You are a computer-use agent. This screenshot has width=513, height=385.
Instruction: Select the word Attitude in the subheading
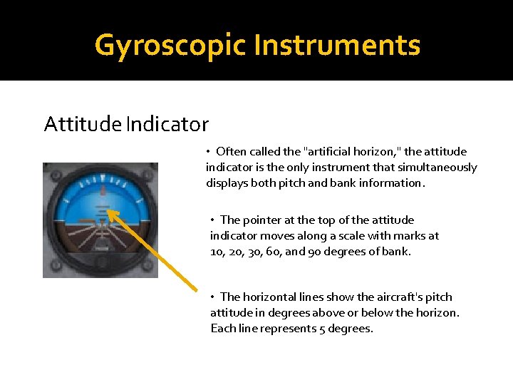(83, 125)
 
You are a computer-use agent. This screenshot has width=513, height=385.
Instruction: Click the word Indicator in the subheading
(167, 125)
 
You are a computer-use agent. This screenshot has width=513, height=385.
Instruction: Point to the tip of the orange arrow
(109, 210)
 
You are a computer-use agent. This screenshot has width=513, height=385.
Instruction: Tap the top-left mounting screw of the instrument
(51, 171)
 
